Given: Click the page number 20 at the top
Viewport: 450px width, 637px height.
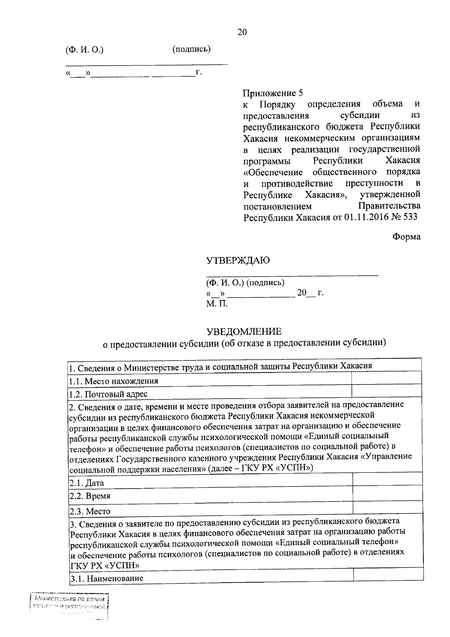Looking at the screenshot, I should coord(242,32).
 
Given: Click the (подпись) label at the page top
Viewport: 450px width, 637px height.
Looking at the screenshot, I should coord(191,49).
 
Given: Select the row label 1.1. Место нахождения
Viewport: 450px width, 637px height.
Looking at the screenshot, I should coord(114,381).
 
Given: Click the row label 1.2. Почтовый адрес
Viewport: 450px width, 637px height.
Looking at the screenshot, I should coord(108,394).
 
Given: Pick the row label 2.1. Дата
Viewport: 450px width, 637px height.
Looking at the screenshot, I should coord(87,483).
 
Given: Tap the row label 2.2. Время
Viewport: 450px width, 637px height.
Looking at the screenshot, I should coord(90,496).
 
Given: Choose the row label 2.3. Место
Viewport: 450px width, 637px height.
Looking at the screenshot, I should coord(90,511).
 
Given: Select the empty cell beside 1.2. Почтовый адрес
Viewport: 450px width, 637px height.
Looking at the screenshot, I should coord(386,391).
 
